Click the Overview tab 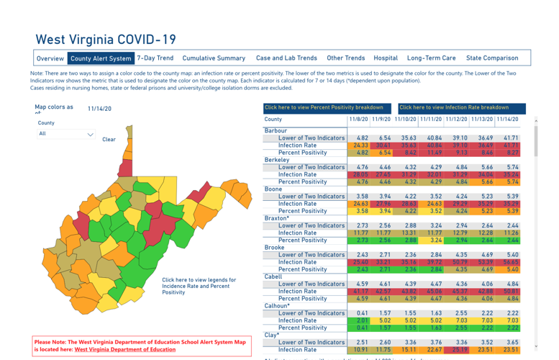tap(50, 58)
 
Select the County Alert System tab tap(101, 58)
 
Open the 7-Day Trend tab tap(155, 58)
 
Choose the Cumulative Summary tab tap(214, 58)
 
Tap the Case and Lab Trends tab tap(286, 58)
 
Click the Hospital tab tap(386, 58)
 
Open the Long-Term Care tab tap(431, 58)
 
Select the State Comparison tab tap(491, 58)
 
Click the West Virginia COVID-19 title tap(106, 40)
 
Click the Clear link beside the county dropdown tap(109, 140)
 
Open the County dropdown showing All tap(66, 134)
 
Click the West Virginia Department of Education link tap(124, 349)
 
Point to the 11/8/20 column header tap(359, 119)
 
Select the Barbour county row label tap(276, 130)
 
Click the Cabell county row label tap(273, 276)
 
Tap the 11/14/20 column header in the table tap(507, 119)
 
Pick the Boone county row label tap(273, 189)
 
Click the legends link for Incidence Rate tap(199, 286)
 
